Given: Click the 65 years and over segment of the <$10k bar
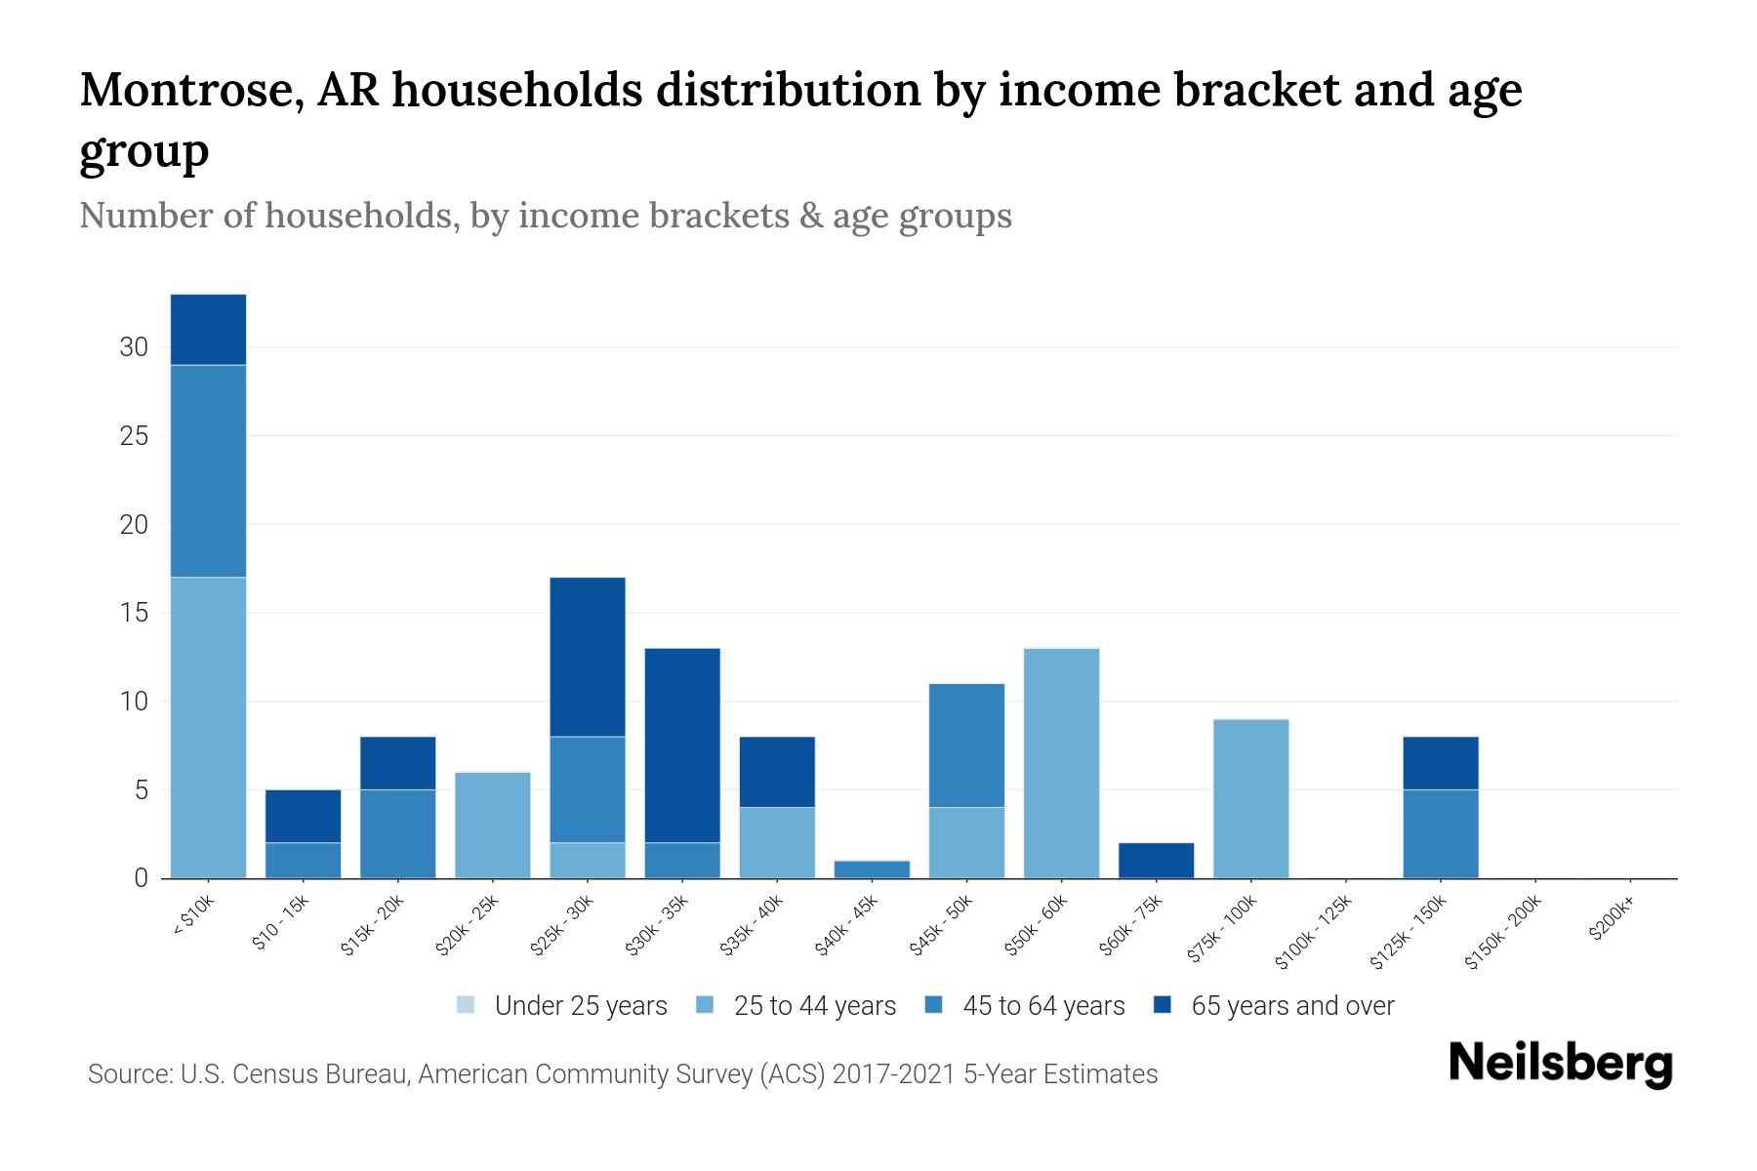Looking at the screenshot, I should (x=208, y=329).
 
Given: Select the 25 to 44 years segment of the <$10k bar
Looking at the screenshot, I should (x=208, y=727).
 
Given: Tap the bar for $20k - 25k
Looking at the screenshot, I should (x=492, y=825).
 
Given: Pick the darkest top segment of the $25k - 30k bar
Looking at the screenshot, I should (x=587, y=657).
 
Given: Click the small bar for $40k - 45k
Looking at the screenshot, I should (x=872, y=868).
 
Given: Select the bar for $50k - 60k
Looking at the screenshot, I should (x=1061, y=763).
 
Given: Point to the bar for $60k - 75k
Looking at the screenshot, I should (x=1156, y=860).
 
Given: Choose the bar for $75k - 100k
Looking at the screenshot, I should (x=1250, y=798).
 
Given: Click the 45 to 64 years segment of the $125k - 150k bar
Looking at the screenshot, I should (x=1440, y=833).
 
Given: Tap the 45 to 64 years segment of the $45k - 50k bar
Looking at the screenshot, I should (x=966, y=746).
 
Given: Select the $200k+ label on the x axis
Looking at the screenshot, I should (x=1611, y=921).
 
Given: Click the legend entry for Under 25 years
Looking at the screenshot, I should (x=580, y=1006).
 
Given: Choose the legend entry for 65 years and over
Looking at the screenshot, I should (x=1291, y=1006).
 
